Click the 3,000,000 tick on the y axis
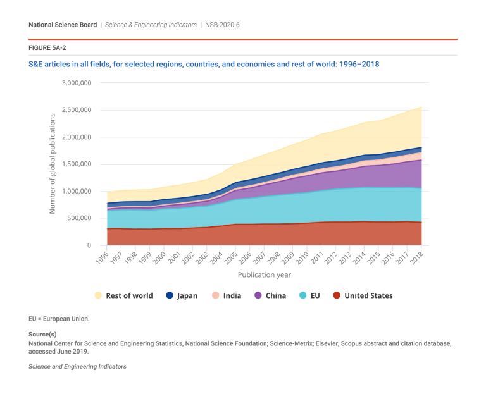coord(77,83)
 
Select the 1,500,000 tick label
coord(77,164)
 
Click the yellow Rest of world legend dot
coord(97,295)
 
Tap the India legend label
coord(232,295)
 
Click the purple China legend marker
coord(258,295)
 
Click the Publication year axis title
coord(264,275)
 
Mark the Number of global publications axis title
coord(53,163)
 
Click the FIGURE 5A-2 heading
coord(47,47)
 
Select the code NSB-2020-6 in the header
coord(222,25)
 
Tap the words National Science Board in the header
coord(63,25)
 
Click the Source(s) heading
coord(42,334)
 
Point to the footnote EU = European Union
coord(59,319)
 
